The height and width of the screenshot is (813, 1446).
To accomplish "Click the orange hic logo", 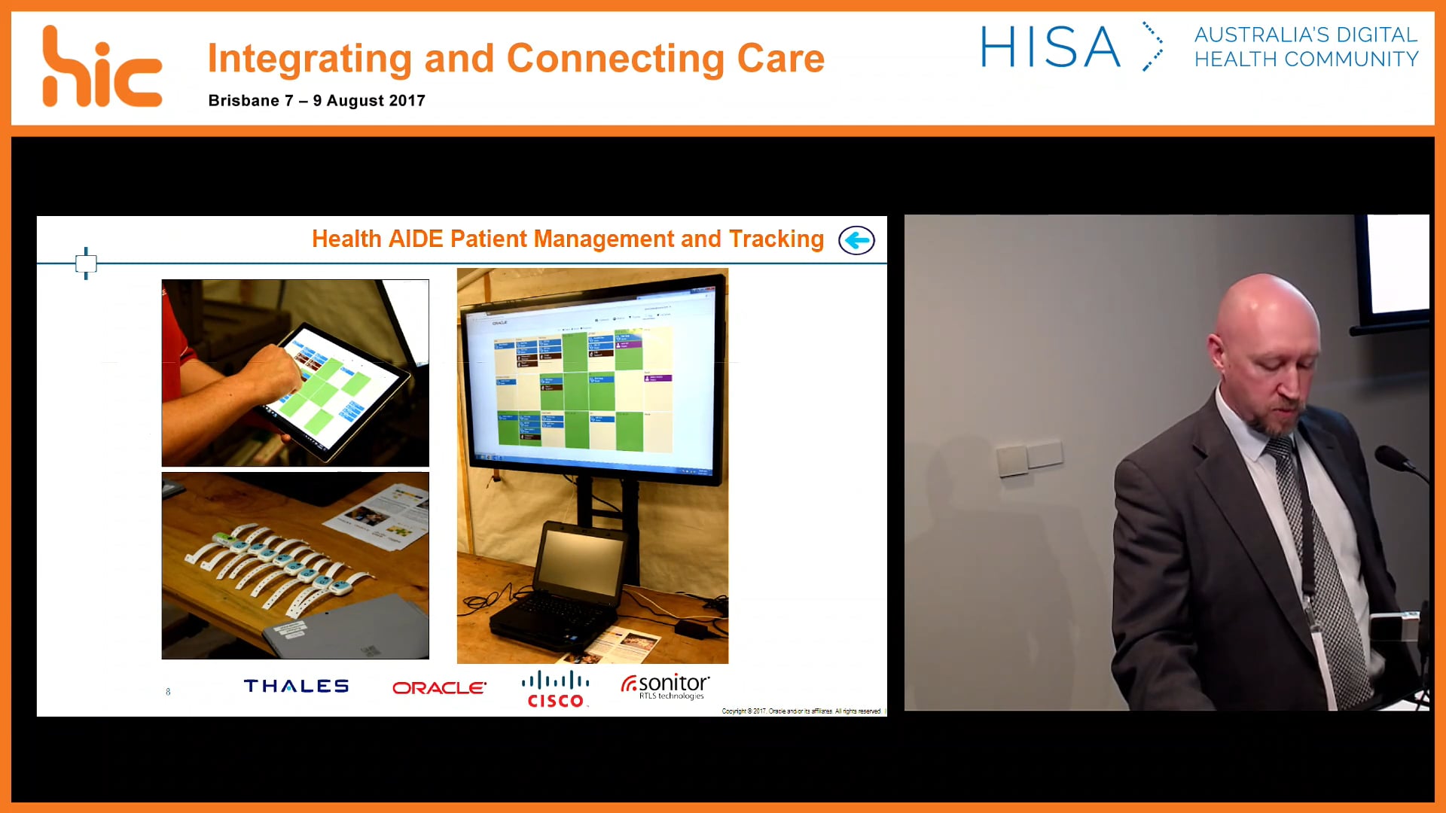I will (x=101, y=68).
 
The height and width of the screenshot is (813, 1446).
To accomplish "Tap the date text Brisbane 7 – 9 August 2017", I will (x=316, y=101).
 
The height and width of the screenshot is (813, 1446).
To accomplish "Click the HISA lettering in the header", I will (x=1050, y=47).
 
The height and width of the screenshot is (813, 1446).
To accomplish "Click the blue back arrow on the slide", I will (x=856, y=241).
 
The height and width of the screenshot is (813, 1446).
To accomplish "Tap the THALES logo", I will (x=296, y=686).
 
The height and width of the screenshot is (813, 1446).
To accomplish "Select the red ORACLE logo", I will (x=439, y=687).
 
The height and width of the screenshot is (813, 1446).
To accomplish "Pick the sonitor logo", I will (x=665, y=686).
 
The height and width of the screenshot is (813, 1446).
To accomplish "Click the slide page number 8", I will (x=168, y=692).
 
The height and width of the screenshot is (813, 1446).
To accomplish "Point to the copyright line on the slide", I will (x=801, y=711).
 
